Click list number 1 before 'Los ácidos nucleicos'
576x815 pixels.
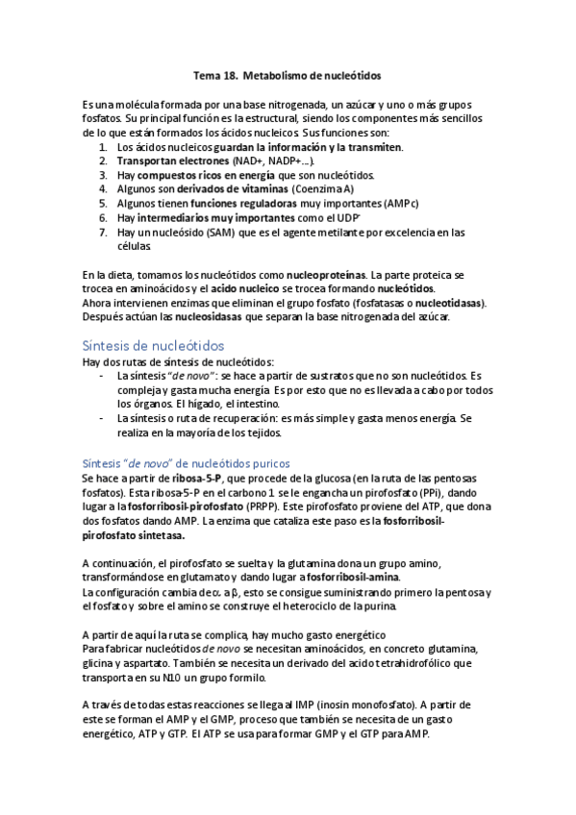[x=103, y=147]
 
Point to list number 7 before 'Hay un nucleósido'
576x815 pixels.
[x=103, y=232]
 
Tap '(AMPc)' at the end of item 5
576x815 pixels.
[x=399, y=204]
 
